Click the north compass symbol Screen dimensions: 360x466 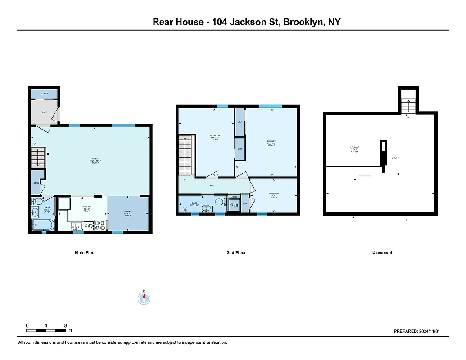144,297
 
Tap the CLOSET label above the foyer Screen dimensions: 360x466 44,94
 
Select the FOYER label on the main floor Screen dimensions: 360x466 44,112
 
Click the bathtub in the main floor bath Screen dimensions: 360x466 43,225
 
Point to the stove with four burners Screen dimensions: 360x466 100,225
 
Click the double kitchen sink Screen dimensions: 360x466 76,226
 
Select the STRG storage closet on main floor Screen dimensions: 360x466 36,183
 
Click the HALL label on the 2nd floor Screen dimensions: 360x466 212,185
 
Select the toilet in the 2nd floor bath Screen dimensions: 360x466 219,202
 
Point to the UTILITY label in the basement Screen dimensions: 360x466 395,158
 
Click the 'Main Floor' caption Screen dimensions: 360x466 86,253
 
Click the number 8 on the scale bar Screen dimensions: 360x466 66,325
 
